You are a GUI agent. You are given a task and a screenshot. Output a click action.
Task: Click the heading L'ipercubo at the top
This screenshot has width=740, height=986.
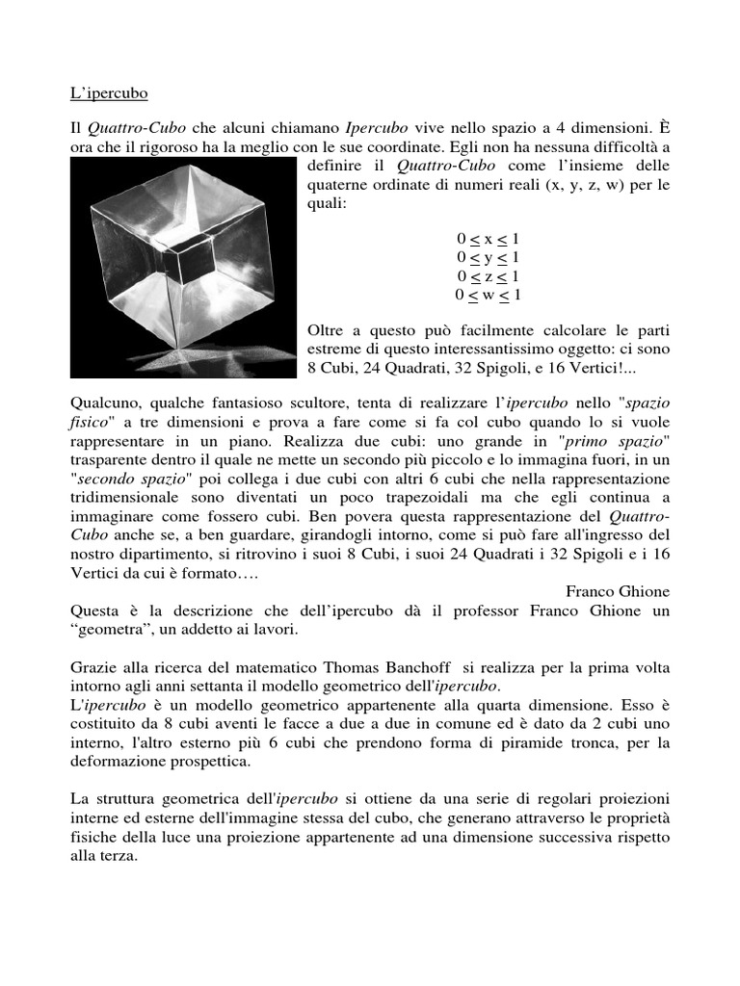click(x=109, y=94)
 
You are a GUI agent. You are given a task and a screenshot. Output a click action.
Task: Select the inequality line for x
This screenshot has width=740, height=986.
click(x=489, y=238)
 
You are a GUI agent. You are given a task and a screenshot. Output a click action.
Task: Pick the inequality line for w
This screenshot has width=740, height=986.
click(x=489, y=295)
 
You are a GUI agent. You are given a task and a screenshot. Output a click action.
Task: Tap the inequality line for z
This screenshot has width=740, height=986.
click(x=489, y=276)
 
